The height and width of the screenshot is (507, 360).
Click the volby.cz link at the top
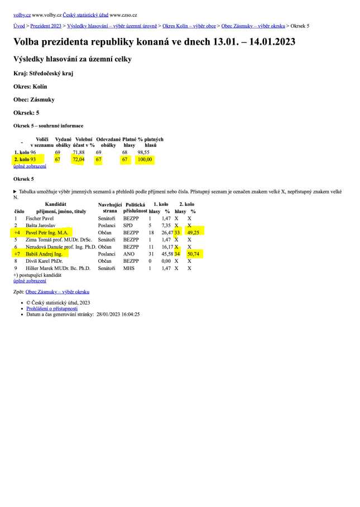point(22,15)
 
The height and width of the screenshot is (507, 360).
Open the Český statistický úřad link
point(85,15)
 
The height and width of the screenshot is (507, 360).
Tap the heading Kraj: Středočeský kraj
point(43,73)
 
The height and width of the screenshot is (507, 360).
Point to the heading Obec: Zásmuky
point(34,100)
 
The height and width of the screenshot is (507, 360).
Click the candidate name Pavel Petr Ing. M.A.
point(47,231)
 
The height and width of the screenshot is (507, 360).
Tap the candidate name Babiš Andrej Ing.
point(44,253)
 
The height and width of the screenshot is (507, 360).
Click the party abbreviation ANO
point(129,253)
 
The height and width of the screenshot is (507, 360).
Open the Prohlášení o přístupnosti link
point(52,308)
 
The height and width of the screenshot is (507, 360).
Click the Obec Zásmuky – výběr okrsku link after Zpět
point(57,292)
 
